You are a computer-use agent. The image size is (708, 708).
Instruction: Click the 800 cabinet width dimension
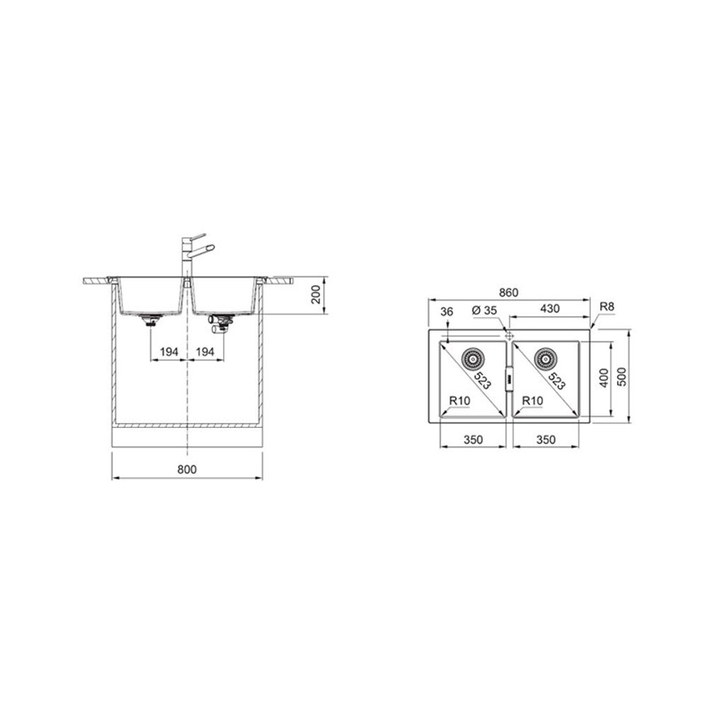tap(187, 469)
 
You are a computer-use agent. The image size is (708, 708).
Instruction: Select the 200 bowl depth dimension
tap(316, 295)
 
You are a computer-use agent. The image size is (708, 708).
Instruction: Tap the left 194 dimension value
tap(169, 352)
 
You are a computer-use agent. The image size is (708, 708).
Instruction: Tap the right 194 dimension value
tap(205, 352)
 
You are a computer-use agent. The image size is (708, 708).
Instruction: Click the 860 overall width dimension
tap(508, 292)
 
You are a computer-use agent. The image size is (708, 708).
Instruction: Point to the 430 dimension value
tap(550, 309)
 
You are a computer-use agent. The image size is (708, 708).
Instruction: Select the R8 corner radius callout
tap(607, 307)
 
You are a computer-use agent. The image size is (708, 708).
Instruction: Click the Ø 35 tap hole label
tap(484, 310)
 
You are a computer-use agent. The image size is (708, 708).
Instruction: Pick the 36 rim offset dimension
tap(446, 312)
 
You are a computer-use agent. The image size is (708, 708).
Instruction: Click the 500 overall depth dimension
tap(622, 376)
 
